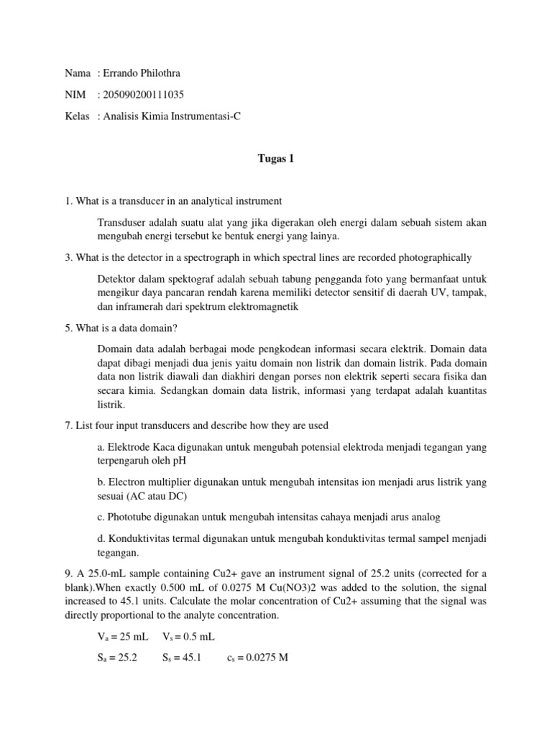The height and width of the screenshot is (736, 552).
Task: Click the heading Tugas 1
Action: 276,160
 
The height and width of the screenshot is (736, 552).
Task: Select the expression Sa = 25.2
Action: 116,657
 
